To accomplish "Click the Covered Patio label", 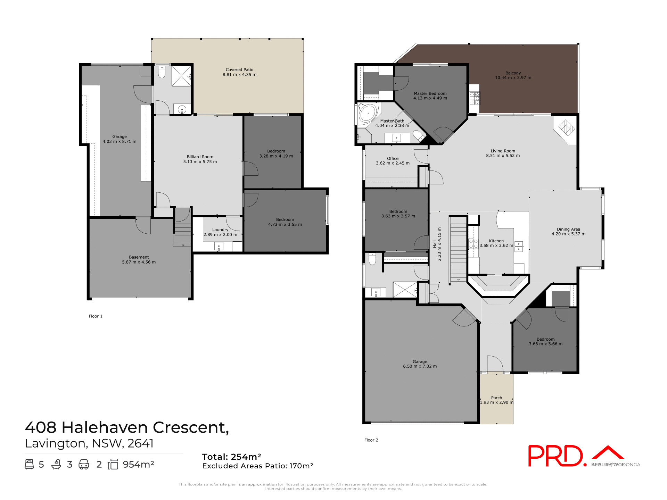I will (x=239, y=70).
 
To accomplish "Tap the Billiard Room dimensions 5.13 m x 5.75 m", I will (x=200, y=162).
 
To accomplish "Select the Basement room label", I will (x=139, y=257).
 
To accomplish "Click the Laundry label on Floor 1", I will (x=220, y=230).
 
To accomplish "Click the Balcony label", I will (x=513, y=73).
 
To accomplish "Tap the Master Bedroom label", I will (x=430, y=94).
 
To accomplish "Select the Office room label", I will (x=393, y=159).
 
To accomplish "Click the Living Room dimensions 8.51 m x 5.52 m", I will (x=503, y=156).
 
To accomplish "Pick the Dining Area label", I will (x=568, y=230).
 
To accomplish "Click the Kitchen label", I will (x=496, y=241).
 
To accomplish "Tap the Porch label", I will (x=496, y=398).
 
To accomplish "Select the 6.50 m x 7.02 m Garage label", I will (x=420, y=366).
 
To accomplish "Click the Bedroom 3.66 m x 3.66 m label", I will (x=545, y=340).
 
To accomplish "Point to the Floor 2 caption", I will (x=371, y=440).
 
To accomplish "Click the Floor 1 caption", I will (x=96, y=316).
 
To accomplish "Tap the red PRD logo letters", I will (x=555, y=456).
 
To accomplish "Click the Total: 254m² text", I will (x=231, y=457).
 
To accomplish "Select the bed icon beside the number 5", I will (x=29, y=464).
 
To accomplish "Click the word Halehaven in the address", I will (x=105, y=427).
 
